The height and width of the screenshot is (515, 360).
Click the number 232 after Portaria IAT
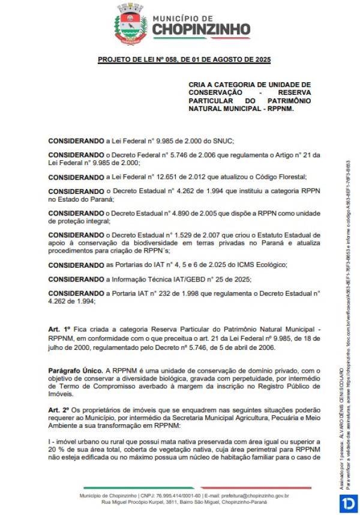point(175,294)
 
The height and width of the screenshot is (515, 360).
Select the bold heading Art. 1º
point(59,331)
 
